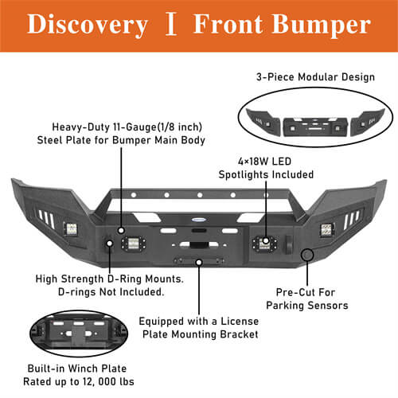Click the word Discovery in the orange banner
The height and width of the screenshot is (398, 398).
click(88, 25)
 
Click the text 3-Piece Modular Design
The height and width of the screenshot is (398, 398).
click(315, 77)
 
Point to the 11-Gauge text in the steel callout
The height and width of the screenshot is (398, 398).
click(135, 127)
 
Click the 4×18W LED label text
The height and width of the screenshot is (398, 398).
click(264, 162)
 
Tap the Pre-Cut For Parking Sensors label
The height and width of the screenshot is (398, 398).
click(307, 299)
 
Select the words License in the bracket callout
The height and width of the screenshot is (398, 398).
click(240, 322)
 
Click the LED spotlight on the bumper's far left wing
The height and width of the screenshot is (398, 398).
click(71, 228)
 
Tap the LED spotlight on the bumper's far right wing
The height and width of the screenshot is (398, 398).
click(327, 230)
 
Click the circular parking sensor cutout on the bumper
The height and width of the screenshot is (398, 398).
click(307, 255)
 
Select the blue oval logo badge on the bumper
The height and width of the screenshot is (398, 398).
click(198, 220)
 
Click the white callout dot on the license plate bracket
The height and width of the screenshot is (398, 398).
click(199, 263)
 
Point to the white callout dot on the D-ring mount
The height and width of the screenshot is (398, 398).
click(109, 244)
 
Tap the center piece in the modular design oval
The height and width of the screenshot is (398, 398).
click(315, 127)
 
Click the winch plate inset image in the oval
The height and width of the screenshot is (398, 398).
click(79, 334)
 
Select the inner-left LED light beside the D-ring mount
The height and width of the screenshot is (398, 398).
click(134, 243)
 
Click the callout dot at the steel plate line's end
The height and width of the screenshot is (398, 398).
click(121, 230)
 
